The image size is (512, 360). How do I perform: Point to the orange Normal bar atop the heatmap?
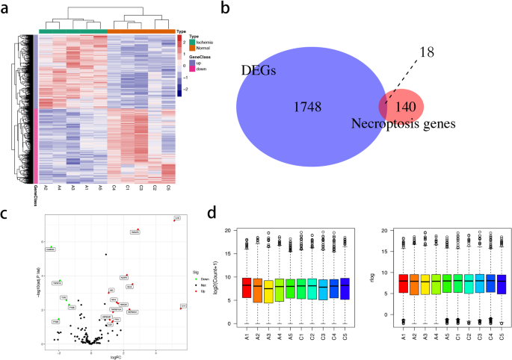pyautogui.click(x=141, y=31)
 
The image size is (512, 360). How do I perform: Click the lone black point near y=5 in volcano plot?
pyautogui.click(x=106, y=255)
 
